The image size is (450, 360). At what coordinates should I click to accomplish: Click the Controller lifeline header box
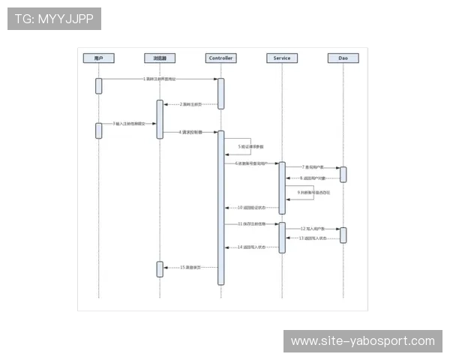(x=221, y=58)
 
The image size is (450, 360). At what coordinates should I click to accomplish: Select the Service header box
(x=282, y=58)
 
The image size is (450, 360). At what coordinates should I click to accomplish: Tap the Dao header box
(x=343, y=58)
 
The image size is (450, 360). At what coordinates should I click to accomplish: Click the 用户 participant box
(x=98, y=58)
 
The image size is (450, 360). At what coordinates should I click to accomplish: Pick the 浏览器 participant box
(x=160, y=58)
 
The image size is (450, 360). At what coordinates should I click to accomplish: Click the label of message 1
(x=160, y=79)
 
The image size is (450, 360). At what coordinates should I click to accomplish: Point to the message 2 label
(x=190, y=104)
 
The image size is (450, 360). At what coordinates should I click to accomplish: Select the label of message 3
(x=129, y=123)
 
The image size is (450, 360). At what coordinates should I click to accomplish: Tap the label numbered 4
(x=190, y=131)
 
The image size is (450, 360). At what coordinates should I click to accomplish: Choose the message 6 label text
(x=251, y=162)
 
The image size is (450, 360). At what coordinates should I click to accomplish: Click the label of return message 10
(x=251, y=207)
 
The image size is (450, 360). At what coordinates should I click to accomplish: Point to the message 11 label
(x=251, y=223)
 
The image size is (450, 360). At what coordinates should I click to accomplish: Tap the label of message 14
(x=251, y=247)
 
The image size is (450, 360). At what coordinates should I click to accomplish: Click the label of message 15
(x=190, y=267)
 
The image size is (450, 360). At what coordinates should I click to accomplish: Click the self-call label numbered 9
(x=313, y=193)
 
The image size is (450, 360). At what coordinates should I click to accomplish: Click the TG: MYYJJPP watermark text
(x=54, y=19)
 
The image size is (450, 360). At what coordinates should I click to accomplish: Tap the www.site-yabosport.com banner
(x=362, y=341)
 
